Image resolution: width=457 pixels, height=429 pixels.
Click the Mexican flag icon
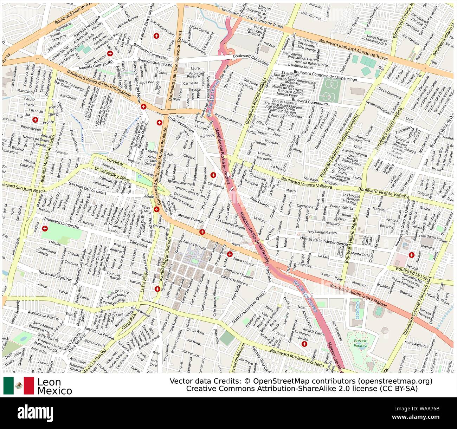(x=19, y=385)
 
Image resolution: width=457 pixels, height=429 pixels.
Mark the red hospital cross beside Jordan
(x=304, y=345)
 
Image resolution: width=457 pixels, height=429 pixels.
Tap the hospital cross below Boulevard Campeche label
(x=45, y=229)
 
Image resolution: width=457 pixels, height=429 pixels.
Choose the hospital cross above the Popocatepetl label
(x=35, y=120)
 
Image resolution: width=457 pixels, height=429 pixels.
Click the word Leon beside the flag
(x=49, y=382)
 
